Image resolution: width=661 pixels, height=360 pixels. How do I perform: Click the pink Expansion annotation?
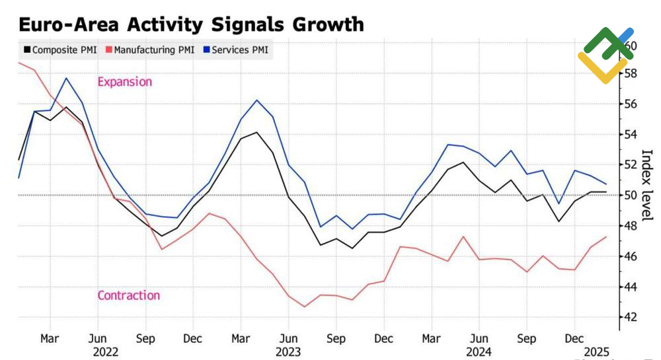click(124, 82)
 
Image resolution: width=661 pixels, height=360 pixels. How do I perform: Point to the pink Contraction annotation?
click(129, 295)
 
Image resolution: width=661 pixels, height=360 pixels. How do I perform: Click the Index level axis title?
click(647, 186)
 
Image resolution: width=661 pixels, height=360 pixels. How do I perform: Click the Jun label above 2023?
click(288, 339)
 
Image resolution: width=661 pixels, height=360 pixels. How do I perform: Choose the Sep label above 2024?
click(526, 339)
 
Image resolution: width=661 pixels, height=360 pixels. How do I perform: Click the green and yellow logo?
click(606, 55)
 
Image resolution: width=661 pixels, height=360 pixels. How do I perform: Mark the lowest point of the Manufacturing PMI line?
click(305, 306)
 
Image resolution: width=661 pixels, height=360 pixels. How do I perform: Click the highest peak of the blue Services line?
click(66, 78)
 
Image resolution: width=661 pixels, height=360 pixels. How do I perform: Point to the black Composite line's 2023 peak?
click(257, 132)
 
